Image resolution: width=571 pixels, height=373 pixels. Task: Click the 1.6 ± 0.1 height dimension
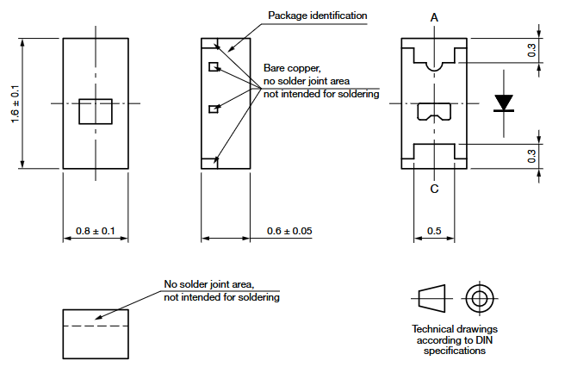tap(15, 104)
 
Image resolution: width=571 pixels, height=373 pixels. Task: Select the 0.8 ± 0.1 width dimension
tap(96, 231)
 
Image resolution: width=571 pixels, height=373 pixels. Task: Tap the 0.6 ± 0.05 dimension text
tap(289, 231)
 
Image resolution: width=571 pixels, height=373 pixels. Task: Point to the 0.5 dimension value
tap(435, 231)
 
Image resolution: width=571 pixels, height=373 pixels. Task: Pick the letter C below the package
tap(435, 189)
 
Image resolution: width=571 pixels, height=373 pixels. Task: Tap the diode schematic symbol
tap(504, 103)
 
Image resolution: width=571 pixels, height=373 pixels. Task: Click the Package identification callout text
tap(317, 16)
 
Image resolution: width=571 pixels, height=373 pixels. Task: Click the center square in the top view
tap(96, 112)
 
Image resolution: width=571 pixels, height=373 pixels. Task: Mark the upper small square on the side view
tap(214, 66)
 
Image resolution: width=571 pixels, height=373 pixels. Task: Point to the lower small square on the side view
tap(214, 109)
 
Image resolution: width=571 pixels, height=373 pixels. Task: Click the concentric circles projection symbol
tap(479, 300)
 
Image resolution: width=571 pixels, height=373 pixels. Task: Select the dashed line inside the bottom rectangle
tap(96, 326)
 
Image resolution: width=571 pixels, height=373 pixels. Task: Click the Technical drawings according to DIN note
tap(455, 339)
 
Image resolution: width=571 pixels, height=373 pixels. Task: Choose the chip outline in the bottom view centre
tap(435, 111)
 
